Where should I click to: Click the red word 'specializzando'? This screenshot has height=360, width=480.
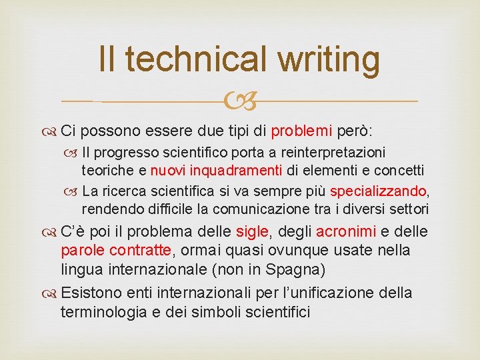(x=378, y=192)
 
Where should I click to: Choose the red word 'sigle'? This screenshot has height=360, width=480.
(x=252, y=231)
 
